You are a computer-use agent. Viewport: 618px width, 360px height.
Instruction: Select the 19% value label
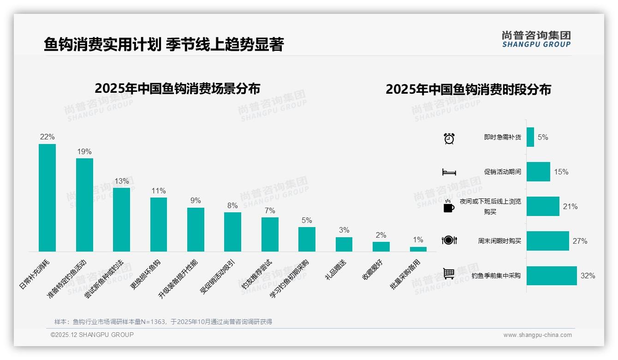point(84,151)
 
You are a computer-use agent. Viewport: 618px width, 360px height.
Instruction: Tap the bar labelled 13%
point(121,220)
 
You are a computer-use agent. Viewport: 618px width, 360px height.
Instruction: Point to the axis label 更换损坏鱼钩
point(146,274)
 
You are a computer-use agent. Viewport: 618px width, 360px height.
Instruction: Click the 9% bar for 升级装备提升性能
point(196,229)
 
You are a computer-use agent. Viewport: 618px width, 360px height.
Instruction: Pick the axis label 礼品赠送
point(336,270)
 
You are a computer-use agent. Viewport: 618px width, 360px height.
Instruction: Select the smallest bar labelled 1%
point(418,249)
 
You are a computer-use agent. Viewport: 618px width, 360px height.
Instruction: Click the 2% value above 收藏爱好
point(381,235)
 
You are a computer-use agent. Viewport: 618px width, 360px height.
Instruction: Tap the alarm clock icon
point(449,138)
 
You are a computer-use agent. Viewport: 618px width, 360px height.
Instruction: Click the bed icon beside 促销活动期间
point(449,172)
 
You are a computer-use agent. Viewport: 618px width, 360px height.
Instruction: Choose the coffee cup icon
point(449,207)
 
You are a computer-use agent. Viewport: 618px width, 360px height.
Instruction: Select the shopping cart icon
point(449,274)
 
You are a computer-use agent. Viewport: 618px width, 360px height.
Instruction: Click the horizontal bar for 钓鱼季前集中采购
point(552,276)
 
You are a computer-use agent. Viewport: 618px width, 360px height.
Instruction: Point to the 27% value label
point(580,241)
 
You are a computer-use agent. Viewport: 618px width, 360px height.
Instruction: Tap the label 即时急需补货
point(502,138)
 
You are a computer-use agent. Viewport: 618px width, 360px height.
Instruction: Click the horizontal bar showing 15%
point(538,172)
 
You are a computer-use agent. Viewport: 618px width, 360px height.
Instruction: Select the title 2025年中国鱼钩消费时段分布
point(468,90)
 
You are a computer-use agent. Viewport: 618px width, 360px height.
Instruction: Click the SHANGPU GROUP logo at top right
point(536,39)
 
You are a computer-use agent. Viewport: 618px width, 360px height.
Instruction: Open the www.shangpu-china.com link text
point(537,335)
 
